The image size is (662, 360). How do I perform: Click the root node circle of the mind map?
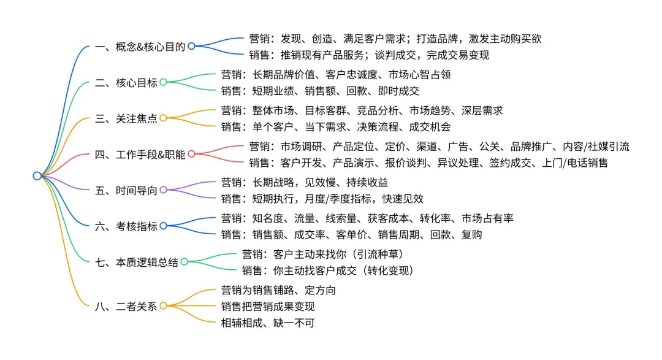click(37, 176)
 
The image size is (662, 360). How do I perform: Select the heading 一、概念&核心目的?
click(140, 47)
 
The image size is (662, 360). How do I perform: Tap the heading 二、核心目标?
click(126, 83)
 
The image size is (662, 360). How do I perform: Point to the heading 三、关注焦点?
click(126, 118)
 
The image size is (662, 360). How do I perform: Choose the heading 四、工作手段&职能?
click(140, 154)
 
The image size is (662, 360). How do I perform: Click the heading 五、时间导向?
click(126, 190)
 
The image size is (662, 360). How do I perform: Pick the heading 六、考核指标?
click(126, 226)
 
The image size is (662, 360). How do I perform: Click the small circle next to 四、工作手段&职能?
click(191, 154)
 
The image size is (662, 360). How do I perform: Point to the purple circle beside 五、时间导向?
click(163, 190)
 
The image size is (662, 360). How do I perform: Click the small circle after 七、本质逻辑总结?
click(184, 262)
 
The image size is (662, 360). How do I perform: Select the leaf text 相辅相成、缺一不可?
click(267, 323)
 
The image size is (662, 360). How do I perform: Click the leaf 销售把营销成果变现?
click(267, 307)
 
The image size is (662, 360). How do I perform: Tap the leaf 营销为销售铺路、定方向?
click(278, 290)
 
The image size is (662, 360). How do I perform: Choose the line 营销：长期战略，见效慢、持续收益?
click(304, 182)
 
